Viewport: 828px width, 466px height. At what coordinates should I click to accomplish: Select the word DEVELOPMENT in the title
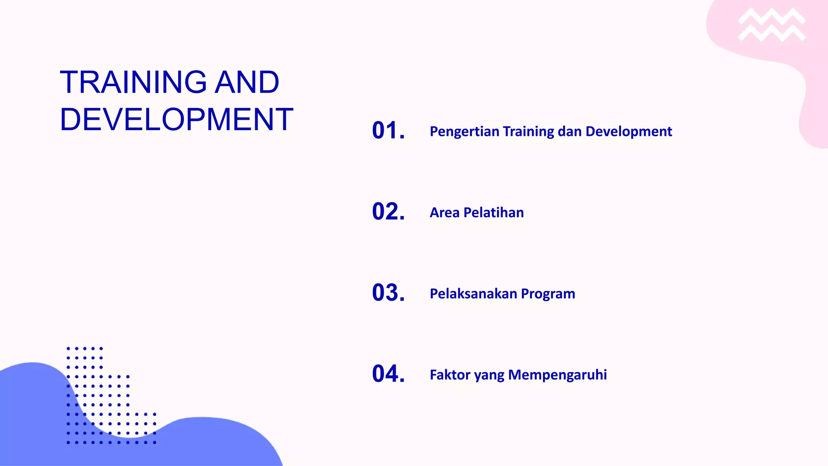pyautogui.click(x=176, y=120)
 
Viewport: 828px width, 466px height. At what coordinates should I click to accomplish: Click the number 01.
pyautogui.click(x=388, y=131)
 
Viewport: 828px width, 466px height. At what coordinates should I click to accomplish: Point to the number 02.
pyautogui.click(x=388, y=212)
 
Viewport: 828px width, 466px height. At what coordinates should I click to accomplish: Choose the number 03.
pyautogui.click(x=388, y=292)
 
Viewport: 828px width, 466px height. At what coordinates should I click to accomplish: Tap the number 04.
pyautogui.click(x=388, y=373)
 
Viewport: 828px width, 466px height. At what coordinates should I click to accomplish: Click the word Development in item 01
pyautogui.click(x=629, y=132)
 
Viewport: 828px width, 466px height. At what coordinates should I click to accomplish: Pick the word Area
pyautogui.click(x=444, y=212)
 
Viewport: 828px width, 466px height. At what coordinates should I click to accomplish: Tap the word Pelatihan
pyautogui.click(x=494, y=212)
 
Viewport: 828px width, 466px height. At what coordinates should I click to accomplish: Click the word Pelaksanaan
pyautogui.click(x=473, y=294)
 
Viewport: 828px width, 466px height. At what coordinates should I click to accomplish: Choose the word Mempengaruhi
pyautogui.click(x=558, y=375)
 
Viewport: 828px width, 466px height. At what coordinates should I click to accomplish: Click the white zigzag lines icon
pyautogui.click(x=771, y=25)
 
